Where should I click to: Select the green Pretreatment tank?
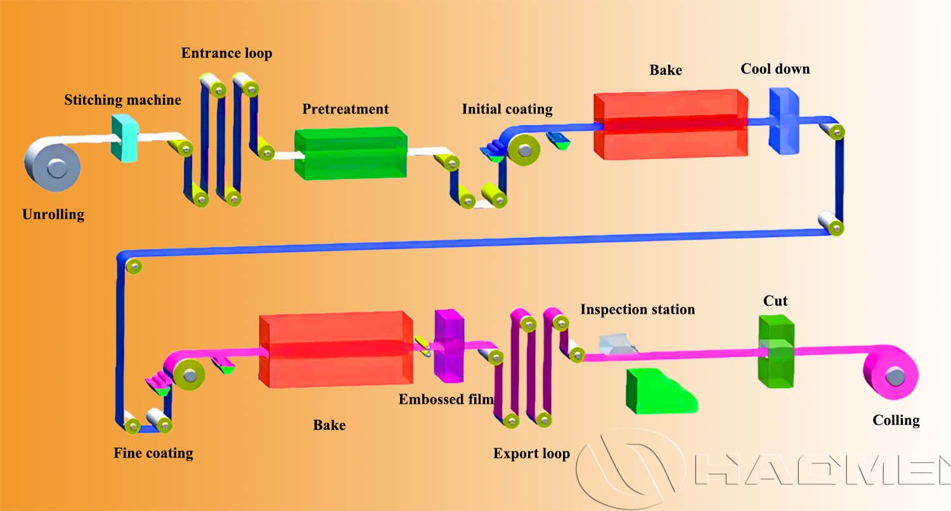coord(350,153)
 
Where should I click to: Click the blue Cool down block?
coord(784,120)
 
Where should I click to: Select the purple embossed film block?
coord(449,346)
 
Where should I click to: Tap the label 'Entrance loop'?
coord(226,53)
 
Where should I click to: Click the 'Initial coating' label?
coord(507,109)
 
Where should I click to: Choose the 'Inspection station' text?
coord(637,309)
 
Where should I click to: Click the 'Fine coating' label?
coord(153,453)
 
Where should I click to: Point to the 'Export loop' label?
coord(531,453)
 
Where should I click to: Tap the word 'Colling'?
coord(896,420)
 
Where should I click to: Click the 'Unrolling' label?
coord(53,214)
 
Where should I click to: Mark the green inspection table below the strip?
coord(659,391)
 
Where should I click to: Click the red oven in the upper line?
coord(670,124)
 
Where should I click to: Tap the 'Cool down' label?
coord(775,68)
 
